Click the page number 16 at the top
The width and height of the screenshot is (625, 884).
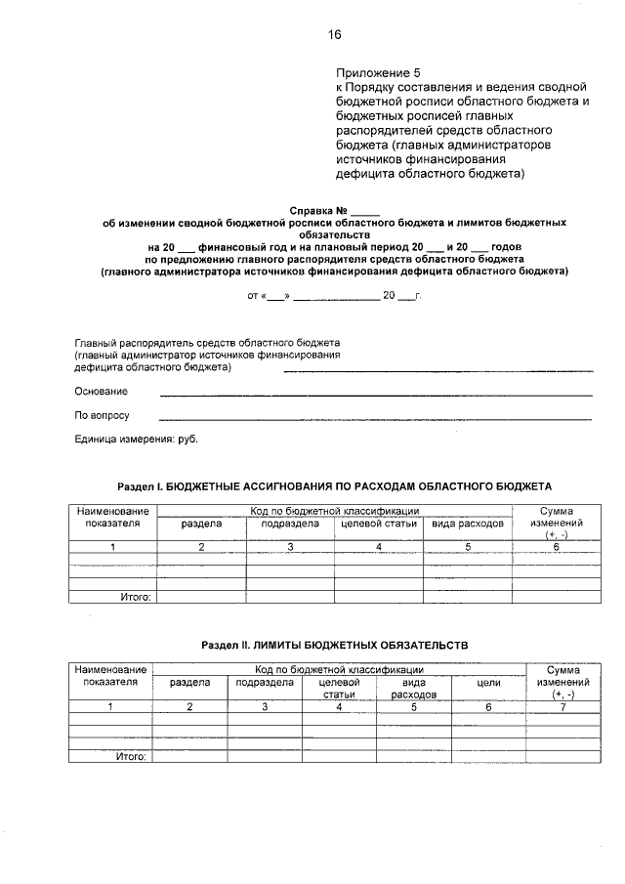(x=335, y=35)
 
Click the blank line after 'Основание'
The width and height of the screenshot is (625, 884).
(x=376, y=395)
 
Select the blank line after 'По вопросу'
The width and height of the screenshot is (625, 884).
(x=376, y=419)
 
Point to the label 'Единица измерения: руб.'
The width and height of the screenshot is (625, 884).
(x=136, y=440)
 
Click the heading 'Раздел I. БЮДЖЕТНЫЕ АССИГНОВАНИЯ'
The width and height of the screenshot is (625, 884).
(x=335, y=485)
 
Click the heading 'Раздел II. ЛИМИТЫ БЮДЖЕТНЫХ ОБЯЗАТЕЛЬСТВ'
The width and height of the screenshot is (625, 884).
(x=335, y=646)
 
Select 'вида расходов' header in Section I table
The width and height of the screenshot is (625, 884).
(x=468, y=525)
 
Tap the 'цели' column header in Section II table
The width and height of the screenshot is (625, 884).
(x=488, y=684)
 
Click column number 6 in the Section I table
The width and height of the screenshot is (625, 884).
(x=556, y=547)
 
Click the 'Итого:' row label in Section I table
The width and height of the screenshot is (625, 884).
(x=134, y=596)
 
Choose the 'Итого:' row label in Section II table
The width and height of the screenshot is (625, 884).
(x=131, y=756)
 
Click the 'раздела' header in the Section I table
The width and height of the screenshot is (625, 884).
(x=201, y=525)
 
